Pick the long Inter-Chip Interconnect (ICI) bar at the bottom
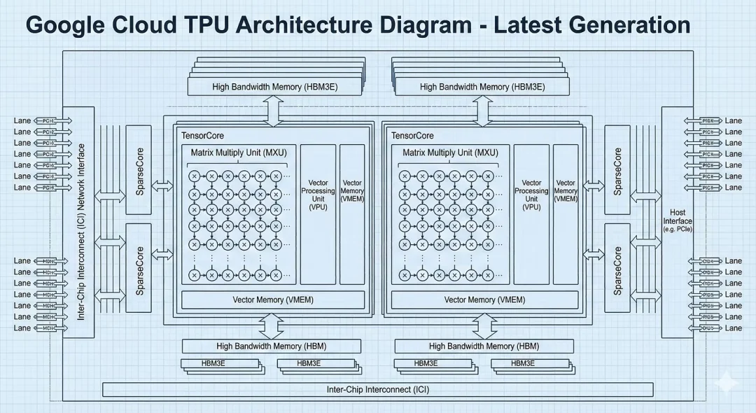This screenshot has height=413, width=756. click(x=378, y=389)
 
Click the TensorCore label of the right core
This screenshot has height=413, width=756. click(x=412, y=136)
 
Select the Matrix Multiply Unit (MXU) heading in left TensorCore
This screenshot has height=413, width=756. click(x=239, y=152)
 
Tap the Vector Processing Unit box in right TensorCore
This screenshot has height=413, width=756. click(x=531, y=195)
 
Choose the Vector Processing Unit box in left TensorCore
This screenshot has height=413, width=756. click(x=318, y=195)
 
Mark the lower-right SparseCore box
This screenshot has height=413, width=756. click(x=617, y=269)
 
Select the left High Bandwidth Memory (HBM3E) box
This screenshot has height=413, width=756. click(x=274, y=87)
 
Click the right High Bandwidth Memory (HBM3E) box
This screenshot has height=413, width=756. click(x=482, y=87)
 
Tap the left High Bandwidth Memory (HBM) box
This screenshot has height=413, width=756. click(x=271, y=346)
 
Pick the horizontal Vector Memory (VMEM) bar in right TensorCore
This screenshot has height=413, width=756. click(x=484, y=300)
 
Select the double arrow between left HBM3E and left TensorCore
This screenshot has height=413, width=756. click(x=272, y=109)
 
